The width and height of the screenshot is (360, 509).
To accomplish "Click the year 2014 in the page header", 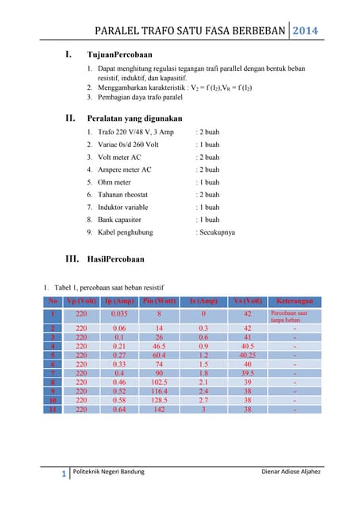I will pyautogui.click(x=305, y=31).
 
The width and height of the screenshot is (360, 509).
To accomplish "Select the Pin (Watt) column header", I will pyautogui.click(x=159, y=301).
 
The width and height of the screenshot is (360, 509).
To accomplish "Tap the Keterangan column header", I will pyautogui.click(x=294, y=301).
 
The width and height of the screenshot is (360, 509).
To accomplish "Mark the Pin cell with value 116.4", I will pyautogui.click(x=159, y=391).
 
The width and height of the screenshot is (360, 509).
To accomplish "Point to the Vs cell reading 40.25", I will pyautogui.click(x=247, y=356).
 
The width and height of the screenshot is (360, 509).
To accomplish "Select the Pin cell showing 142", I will pyautogui.click(x=159, y=410).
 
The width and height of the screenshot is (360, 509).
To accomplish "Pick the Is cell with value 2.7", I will pyautogui.click(x=203, y=401).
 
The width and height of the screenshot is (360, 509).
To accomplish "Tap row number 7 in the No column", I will pyautogui.click(x=52, y=372).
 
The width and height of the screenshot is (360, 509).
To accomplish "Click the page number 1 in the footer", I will pyautogui.click(x=63, y=476).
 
